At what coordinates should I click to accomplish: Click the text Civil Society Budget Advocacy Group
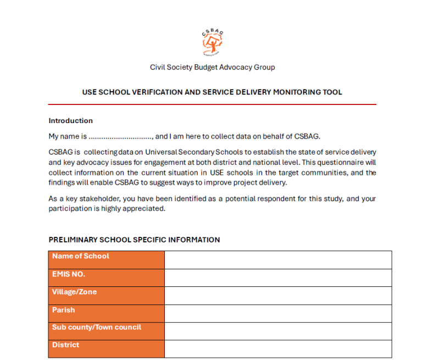point(212,67)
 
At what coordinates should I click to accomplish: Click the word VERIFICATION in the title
point(158,92)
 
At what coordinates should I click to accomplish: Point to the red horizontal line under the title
point(212,104)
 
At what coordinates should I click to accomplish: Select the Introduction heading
point(70,120)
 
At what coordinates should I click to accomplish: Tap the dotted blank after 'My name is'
point(120,136)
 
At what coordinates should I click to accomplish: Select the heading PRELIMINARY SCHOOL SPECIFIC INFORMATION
point(134,240)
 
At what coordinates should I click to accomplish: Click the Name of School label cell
point(106,259)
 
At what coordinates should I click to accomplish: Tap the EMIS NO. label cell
point(106,278)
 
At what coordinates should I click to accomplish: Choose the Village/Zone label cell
point(106,296)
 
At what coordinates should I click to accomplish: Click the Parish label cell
point(106,313)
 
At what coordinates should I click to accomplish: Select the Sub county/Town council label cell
point(106,331)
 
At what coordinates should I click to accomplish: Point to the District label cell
point(106,348)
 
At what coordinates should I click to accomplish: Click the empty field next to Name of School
point(278,259)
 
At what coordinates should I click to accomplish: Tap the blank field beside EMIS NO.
point(278,278)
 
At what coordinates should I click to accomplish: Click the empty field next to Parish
point(278,313)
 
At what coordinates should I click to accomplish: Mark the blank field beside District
point(278,348)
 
